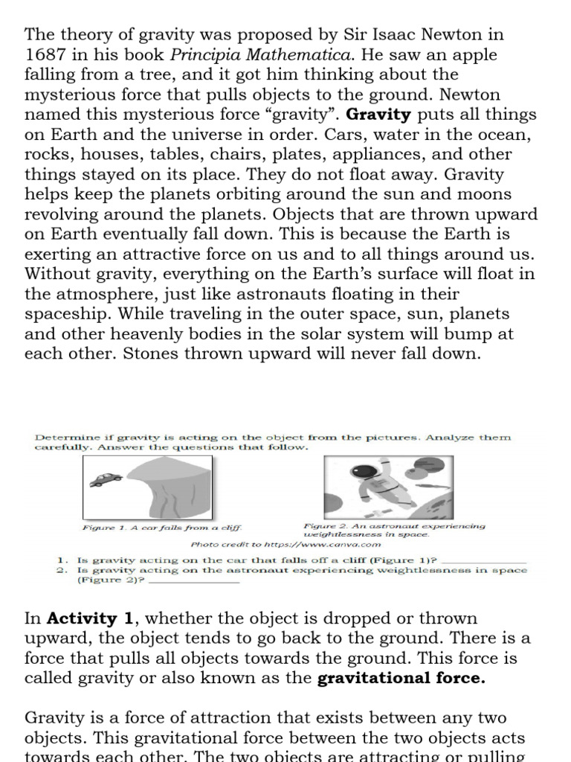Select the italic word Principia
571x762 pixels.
click(x=213, y=55)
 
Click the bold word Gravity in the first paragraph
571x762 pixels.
click(x=379, y=115)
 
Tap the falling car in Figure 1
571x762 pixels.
click(x=106, y=479)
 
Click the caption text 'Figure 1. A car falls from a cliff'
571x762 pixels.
click(x=162, y=528)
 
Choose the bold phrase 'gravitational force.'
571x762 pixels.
click(x=401, y=678)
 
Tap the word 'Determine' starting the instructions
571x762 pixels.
click(x=61, y=437)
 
